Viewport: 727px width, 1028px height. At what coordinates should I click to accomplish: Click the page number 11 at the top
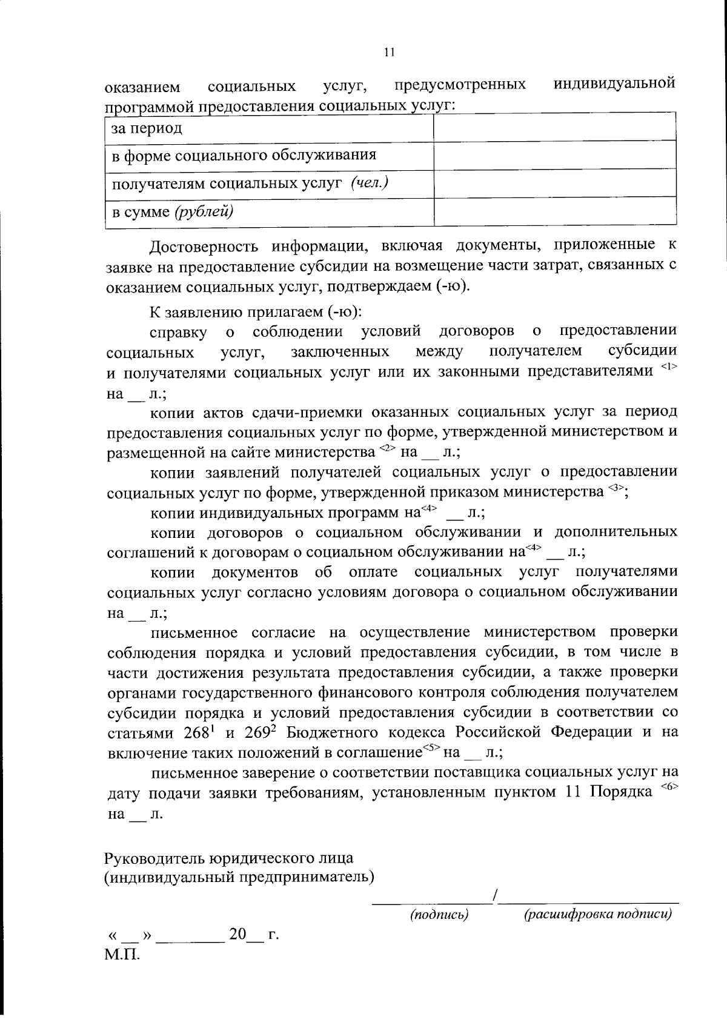(390, 53)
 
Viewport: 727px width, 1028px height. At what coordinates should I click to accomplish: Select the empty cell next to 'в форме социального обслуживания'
(554, 156)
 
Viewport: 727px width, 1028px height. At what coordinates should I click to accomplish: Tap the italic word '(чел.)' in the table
(369, 183)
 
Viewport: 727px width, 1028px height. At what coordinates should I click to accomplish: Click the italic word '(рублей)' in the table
(204, 211)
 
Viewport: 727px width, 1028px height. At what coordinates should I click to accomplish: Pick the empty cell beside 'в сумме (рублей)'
(554, 212)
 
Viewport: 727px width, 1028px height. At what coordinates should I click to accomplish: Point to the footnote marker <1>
(668, 366)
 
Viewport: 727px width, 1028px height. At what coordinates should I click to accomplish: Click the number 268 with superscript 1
(199, 732)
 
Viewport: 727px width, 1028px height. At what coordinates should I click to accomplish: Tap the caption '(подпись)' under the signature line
(440, 914)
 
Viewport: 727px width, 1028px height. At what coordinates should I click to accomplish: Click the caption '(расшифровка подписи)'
(597, 914)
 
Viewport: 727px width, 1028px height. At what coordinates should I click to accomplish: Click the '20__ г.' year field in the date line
(253, 935)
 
